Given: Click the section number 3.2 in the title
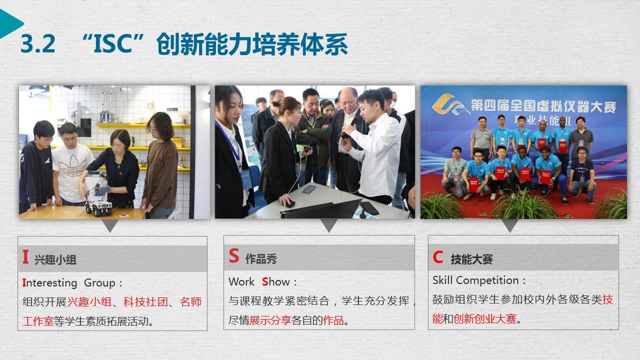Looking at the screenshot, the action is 37,43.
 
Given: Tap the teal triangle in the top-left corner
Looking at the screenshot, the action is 10,23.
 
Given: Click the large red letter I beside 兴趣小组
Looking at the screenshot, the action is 25,256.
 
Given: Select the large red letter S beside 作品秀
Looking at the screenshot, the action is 233,255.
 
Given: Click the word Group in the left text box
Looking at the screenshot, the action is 99,283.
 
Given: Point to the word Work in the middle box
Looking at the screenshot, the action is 241,281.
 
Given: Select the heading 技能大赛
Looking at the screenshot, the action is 471,259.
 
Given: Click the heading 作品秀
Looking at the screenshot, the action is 261,259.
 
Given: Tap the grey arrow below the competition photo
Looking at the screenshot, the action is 509,225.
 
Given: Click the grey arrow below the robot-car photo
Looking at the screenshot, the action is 110,225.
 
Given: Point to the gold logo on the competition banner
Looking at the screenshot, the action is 449,104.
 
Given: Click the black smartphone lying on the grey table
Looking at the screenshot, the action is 369,208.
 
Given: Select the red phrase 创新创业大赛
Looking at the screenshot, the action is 485,319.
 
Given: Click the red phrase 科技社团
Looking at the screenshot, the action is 145,301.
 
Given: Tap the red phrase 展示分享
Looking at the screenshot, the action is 270,320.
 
